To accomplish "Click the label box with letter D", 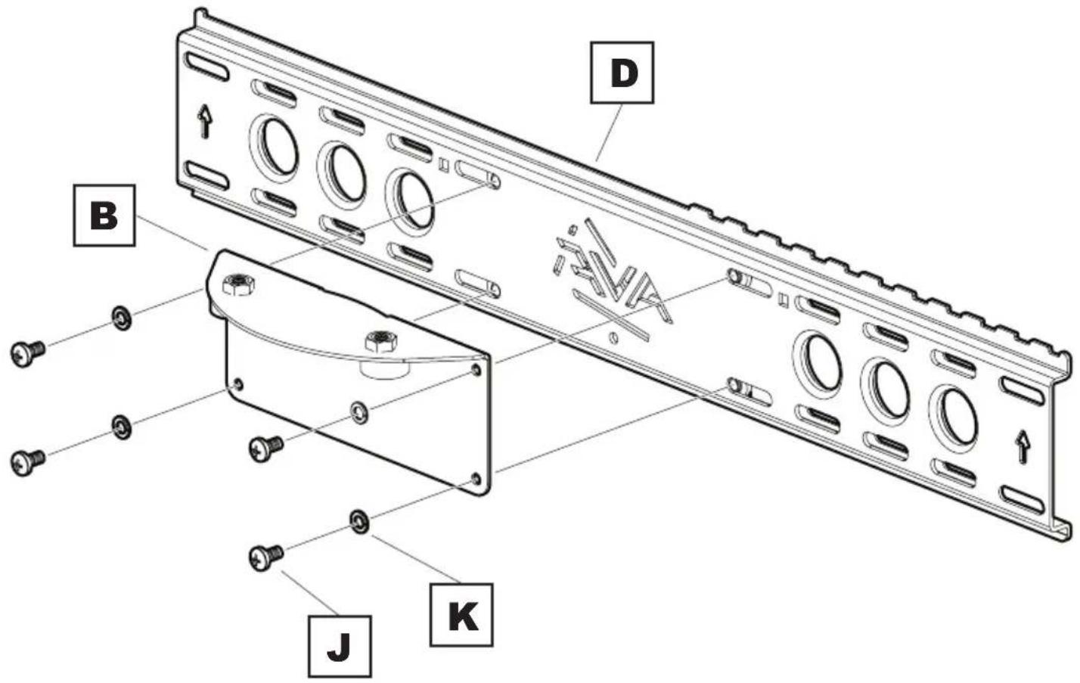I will [622, 73].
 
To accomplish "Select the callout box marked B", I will [104, 215].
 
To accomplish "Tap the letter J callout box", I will [340, 646].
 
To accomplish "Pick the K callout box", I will [461, 614].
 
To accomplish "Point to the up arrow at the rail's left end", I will [203, 121].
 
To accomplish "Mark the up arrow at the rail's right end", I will [1023, 446].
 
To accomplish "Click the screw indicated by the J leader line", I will [264, 557].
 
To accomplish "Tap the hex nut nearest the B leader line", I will [238, 285].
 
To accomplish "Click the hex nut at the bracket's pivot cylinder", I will [378, 340].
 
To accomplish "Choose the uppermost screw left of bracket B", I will [27, 352].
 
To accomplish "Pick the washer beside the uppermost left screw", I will [121, 318].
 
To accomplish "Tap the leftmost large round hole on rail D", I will [275, 145].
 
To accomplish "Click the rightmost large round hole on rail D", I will [954, 414].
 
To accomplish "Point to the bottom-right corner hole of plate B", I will [475, 479].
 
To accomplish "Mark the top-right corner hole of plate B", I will [476, 370].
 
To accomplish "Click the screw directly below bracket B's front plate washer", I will [265, 448].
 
